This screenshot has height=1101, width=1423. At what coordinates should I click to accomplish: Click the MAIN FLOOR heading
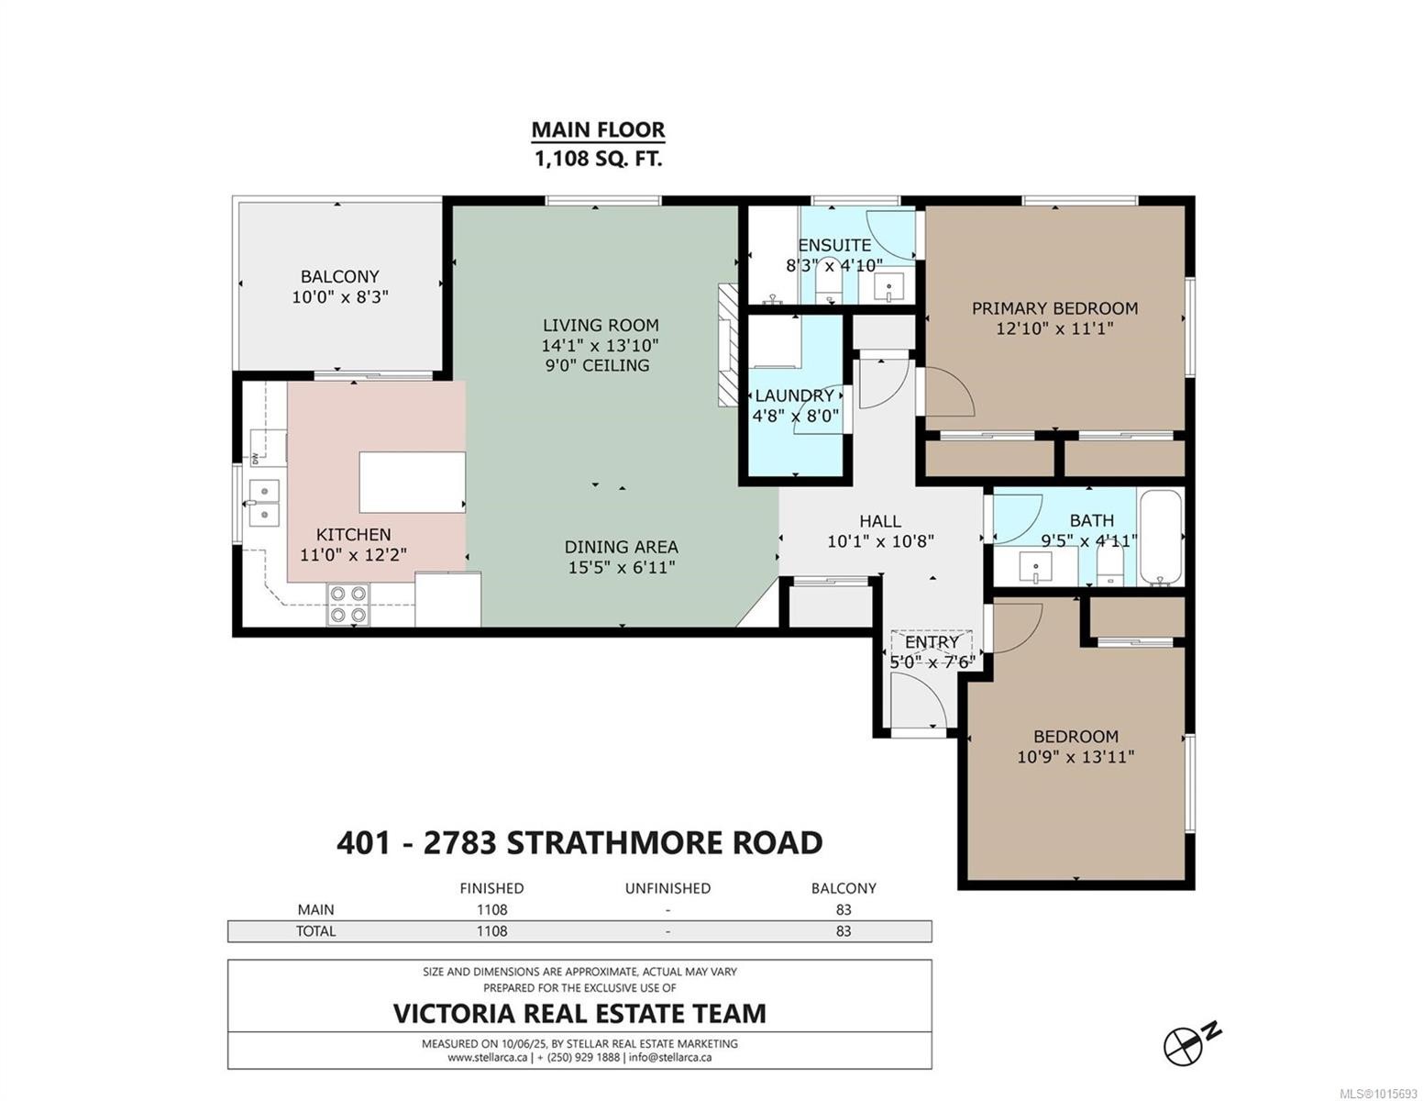598,129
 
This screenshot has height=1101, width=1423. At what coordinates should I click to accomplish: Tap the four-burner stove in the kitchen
347,603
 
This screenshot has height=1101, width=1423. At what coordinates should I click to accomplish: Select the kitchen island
412,482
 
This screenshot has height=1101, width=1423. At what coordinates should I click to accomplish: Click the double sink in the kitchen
265,503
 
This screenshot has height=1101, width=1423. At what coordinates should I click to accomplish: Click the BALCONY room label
340,276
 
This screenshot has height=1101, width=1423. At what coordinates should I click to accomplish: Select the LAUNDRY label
794,395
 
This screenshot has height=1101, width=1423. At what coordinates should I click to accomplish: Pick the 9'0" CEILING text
597,365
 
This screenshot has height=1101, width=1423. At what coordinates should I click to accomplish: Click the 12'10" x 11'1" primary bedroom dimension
1054,328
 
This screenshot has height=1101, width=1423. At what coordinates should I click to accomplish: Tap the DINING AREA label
621,547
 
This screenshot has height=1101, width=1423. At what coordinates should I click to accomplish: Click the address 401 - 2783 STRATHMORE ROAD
579,842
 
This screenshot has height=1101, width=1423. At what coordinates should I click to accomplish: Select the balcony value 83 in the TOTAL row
843,930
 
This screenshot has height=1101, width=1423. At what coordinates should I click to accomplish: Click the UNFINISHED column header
667,888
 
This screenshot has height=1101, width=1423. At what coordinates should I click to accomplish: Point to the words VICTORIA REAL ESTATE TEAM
579,1013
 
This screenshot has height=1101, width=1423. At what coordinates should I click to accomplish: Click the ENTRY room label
932,642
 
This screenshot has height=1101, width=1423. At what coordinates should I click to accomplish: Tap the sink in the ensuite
888,287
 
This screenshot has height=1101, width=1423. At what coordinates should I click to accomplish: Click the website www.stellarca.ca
487,1057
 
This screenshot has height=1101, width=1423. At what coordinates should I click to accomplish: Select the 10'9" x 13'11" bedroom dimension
1076,757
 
